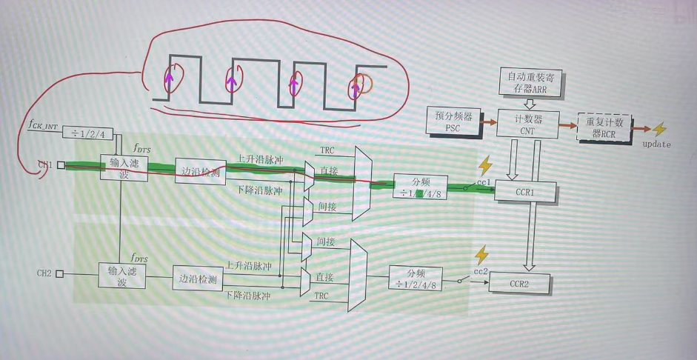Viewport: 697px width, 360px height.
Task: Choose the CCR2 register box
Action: [518, 284]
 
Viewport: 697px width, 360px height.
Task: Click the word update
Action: [656, 144]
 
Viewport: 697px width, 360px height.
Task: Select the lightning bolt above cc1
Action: [485, 164]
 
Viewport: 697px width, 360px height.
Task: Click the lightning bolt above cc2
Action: [481, 256]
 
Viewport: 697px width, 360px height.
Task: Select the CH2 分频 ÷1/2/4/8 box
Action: [417, 279]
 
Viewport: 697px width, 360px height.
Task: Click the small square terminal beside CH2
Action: [60, 273]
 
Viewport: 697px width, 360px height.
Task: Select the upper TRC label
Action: [327, 150]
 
